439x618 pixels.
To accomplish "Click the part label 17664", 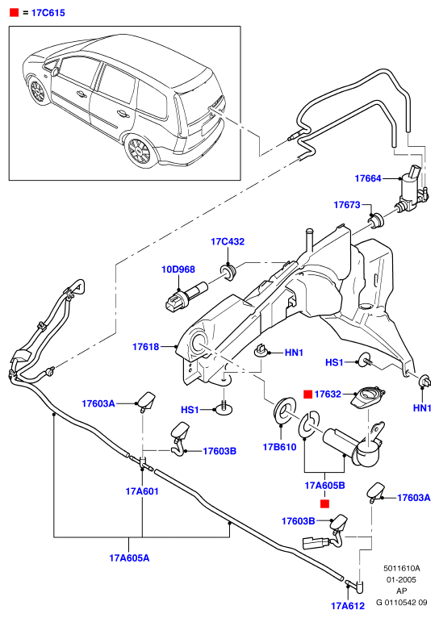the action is coord(368,178).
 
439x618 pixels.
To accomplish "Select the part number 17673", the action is coord(347,205).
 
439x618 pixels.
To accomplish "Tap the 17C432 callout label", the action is coord(228,241).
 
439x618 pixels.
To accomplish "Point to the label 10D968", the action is coord(178,269).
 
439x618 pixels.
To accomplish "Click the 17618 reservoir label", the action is coord(146,347).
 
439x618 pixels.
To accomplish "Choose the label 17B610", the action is coord(279,447).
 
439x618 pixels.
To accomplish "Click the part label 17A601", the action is coord(142,491).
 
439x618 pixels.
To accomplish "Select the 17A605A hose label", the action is coord(129,558).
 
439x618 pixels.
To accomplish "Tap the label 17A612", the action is coord(348,606).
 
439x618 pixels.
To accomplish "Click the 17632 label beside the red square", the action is coord(328,395).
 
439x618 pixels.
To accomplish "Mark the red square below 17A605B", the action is coord(324,503).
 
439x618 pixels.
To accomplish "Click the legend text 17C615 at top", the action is coord(48,13).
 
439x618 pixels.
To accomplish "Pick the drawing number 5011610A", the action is coord(402,568).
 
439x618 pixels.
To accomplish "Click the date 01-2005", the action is coord(401,580).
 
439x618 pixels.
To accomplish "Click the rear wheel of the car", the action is coord(138,150).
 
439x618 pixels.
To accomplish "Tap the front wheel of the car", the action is coord(38,91).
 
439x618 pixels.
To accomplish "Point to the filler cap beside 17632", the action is coord(368,398).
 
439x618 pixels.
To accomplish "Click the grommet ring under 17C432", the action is coord(228,271).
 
